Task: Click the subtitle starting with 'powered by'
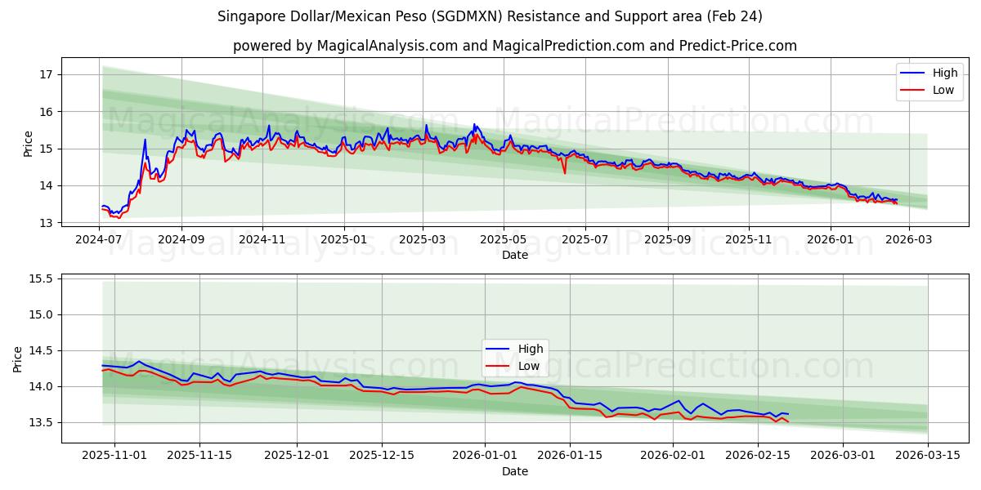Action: pos(514,46)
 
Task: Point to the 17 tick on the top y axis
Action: pos(47,74)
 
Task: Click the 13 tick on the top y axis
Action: pos(47,223)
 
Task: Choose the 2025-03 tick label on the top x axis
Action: pos(423,240)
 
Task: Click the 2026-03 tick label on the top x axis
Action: pos(908,240)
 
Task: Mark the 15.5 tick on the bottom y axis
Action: pos(41,278)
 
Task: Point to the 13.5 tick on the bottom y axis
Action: pos(41,422)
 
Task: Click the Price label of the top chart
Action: pos(29,143)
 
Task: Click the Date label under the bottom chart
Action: pos(514,471)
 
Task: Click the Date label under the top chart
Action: pos(514,255)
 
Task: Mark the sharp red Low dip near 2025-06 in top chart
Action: pos(564,172)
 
